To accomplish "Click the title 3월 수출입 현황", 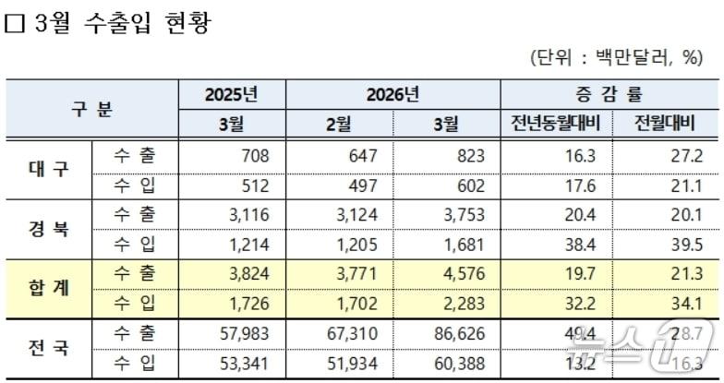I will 120,23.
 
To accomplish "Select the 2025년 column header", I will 232,94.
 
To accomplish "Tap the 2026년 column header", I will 392,94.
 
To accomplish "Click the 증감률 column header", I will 609,94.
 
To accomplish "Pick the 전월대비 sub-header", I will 662,125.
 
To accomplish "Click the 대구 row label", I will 49,170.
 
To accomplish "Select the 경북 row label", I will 49,230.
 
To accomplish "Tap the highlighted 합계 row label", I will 49,289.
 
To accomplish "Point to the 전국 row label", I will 49,349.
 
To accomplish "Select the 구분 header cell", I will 92,109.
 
